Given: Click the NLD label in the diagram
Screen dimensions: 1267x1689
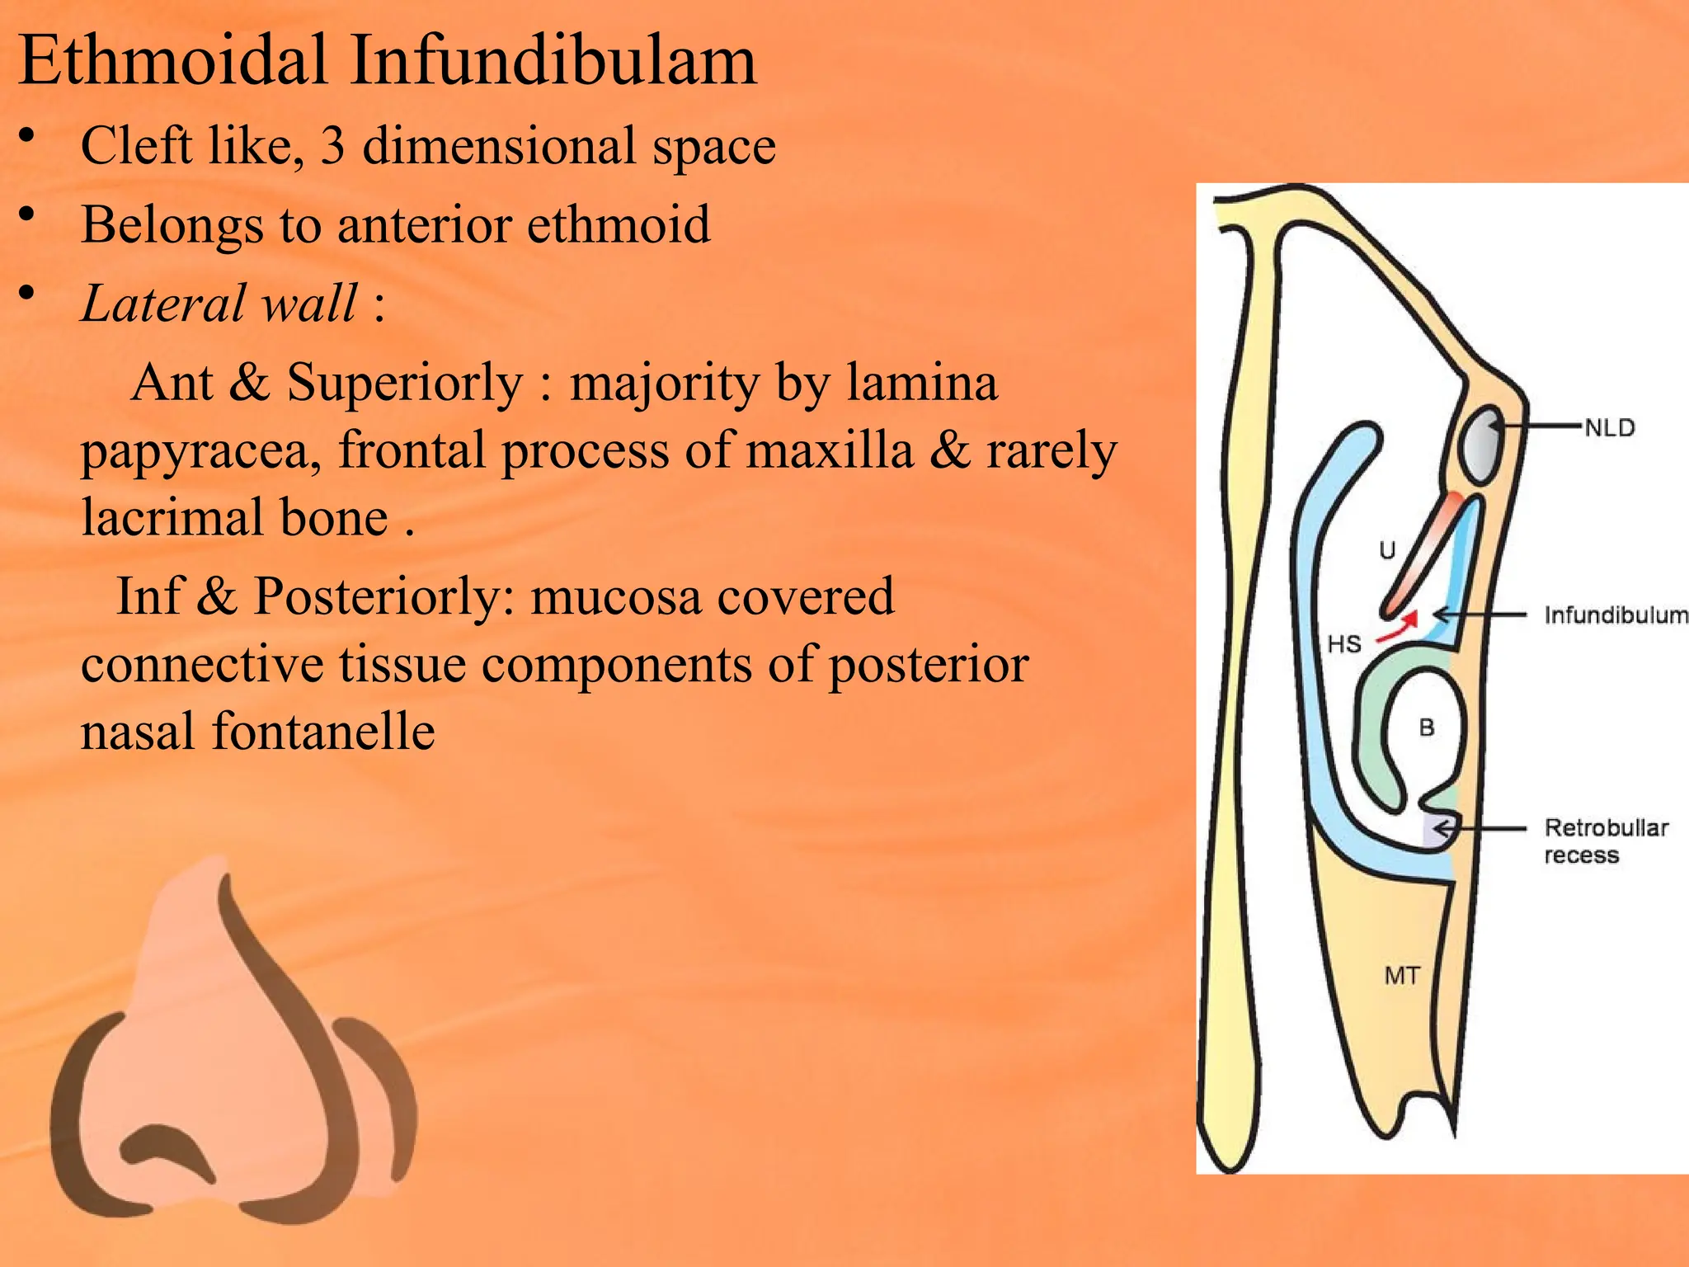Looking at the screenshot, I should [1609, 428].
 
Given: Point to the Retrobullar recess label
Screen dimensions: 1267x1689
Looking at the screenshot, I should [1605, 841].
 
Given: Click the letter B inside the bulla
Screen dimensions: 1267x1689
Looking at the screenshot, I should [1427, 728].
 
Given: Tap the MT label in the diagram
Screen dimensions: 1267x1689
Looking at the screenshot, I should [1402, 976].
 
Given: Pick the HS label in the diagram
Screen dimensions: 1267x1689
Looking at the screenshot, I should [1344, 644].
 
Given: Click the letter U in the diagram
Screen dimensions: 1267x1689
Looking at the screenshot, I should [1388, 550].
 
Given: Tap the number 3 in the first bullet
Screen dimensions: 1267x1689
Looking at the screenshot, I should [332, 146].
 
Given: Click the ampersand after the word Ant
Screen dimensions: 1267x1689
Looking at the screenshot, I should [249, 383].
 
